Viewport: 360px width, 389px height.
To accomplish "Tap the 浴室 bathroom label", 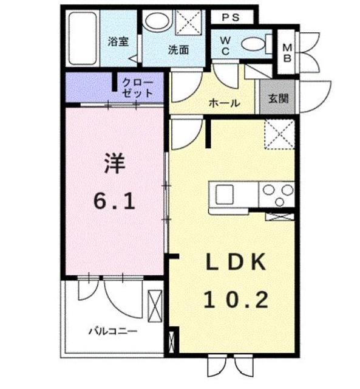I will click(118, 42).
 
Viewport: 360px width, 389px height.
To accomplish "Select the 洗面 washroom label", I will click(178, 50).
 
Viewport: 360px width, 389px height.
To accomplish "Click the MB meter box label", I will click(288, 52).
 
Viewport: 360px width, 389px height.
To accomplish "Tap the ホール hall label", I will click(223, 103).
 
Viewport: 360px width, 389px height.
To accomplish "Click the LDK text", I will click(235, 263).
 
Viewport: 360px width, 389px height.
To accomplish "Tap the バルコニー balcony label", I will click(113, 331).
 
